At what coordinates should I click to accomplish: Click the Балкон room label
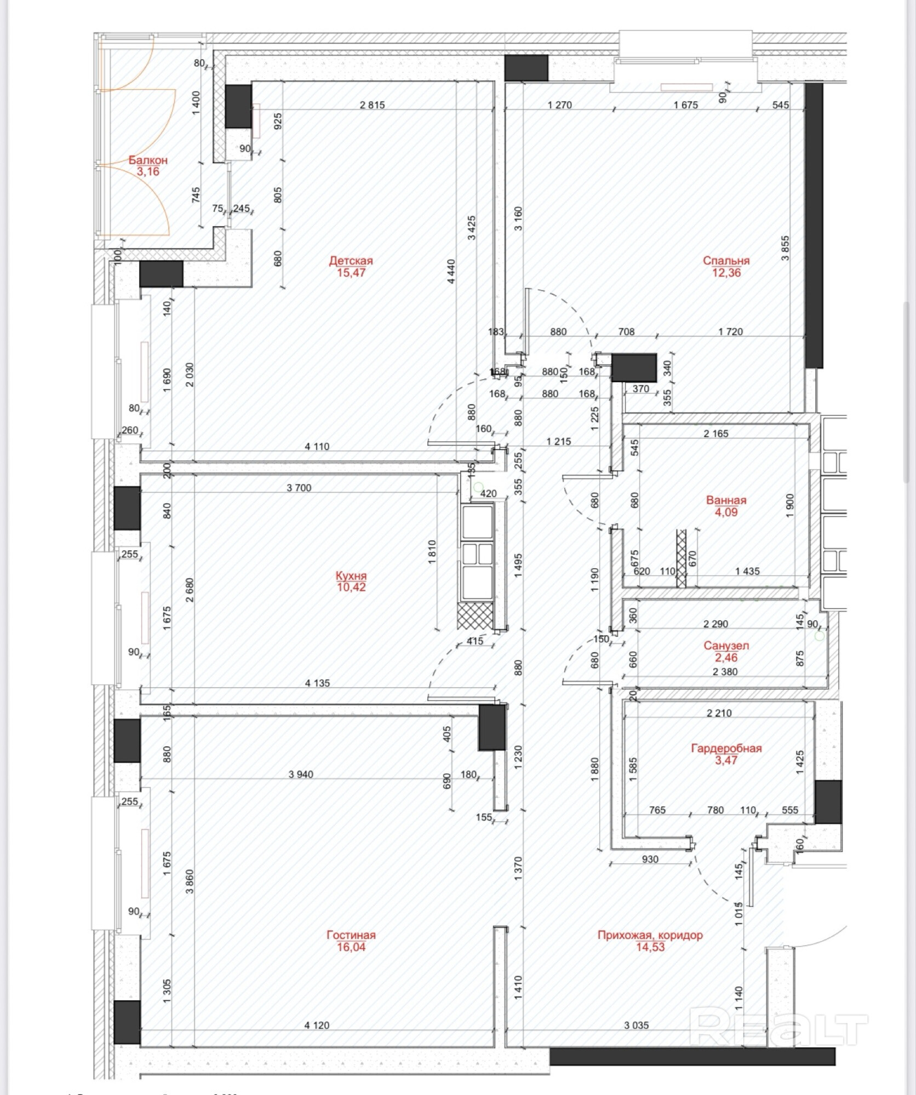[148, 160]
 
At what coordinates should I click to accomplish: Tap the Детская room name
[351, 261]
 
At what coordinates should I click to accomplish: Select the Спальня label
[726, 261]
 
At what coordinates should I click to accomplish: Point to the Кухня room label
[351, 575]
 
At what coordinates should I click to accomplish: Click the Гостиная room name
[351, 935]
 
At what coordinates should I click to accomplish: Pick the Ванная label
[726, 500]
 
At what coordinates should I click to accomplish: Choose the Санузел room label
[726, 646]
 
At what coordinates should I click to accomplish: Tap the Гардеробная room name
[726, 748]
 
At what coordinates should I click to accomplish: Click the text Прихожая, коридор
[650, 935]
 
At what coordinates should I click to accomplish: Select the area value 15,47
[351, 273]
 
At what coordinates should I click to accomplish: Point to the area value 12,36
[726, 273]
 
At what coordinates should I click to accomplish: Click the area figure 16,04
[351, 947]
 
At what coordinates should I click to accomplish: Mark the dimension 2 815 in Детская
[372, 105]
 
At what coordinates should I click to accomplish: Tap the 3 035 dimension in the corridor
[636, 1025]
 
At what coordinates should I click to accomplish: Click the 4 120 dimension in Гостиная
[317, 1025]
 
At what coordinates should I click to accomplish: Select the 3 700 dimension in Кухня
[299, 488]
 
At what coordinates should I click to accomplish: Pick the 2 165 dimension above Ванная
[715, 434]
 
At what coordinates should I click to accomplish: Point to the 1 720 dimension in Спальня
[730, 332]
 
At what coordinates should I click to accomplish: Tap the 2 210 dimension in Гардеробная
[719, 713]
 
